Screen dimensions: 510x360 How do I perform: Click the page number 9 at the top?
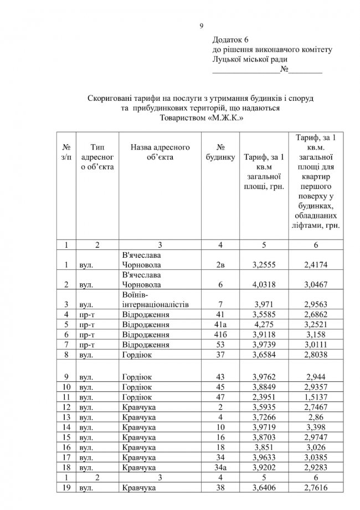click(202, 25)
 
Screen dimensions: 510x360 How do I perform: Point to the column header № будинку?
click(220, 152)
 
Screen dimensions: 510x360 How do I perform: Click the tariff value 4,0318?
click(264, 285)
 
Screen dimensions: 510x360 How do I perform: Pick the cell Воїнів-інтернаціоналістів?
click(156, 299)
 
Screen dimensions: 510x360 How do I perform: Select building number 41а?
click(220, 325)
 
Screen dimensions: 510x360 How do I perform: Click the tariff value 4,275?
click(264, 325)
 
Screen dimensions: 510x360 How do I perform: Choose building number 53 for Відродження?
click(220, 345)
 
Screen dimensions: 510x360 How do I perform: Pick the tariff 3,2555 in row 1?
click(264, 265)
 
